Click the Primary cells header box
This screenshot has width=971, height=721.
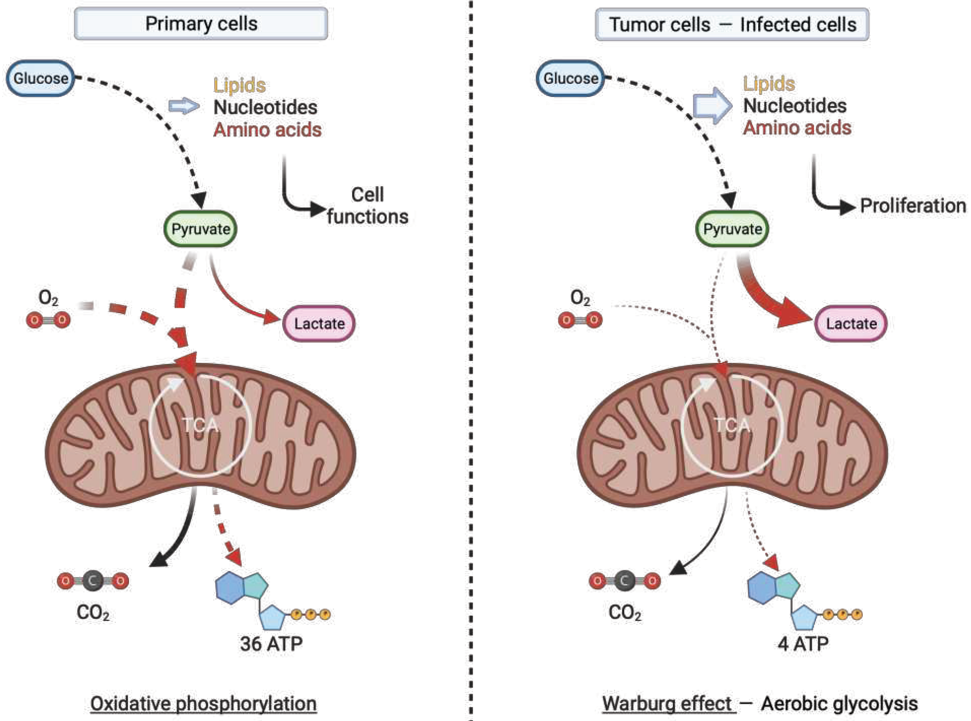coord(201,24)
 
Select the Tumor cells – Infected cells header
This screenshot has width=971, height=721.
coord(732,24)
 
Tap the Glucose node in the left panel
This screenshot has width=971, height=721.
coord(40,79)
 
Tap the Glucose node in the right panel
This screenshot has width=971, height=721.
coord(570,79)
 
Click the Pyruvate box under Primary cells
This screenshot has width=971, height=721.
coord(200,229)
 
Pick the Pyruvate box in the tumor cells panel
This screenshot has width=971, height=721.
coord(732,229)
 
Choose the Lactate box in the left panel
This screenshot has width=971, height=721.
coord(319,323)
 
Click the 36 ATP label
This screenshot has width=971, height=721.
coord(271,644)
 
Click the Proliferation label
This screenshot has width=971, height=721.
coord(913,205)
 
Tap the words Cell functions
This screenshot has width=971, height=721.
coord(368,205)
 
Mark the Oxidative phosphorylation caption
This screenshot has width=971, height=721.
coord(203,703)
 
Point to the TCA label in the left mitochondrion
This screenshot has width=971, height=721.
coord(200,425)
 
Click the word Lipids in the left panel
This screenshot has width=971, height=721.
coord(239,85)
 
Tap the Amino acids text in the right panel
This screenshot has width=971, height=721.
coord(797,128)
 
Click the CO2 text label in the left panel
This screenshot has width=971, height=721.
coord(93,613)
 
